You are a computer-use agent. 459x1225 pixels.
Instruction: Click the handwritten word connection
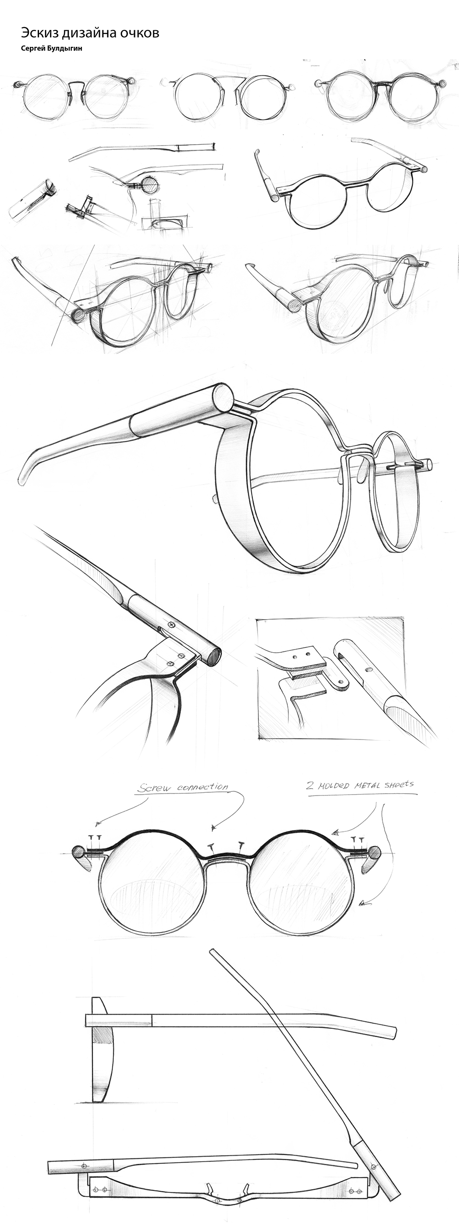coord(202,787)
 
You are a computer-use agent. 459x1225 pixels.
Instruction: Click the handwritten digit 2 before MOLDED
coord(310,785)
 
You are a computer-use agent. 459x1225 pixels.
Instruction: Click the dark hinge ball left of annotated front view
coord(78,851)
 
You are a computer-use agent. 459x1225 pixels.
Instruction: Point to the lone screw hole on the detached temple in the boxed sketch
coord(368,669)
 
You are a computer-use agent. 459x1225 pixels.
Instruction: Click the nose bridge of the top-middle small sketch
coord(228,79)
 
